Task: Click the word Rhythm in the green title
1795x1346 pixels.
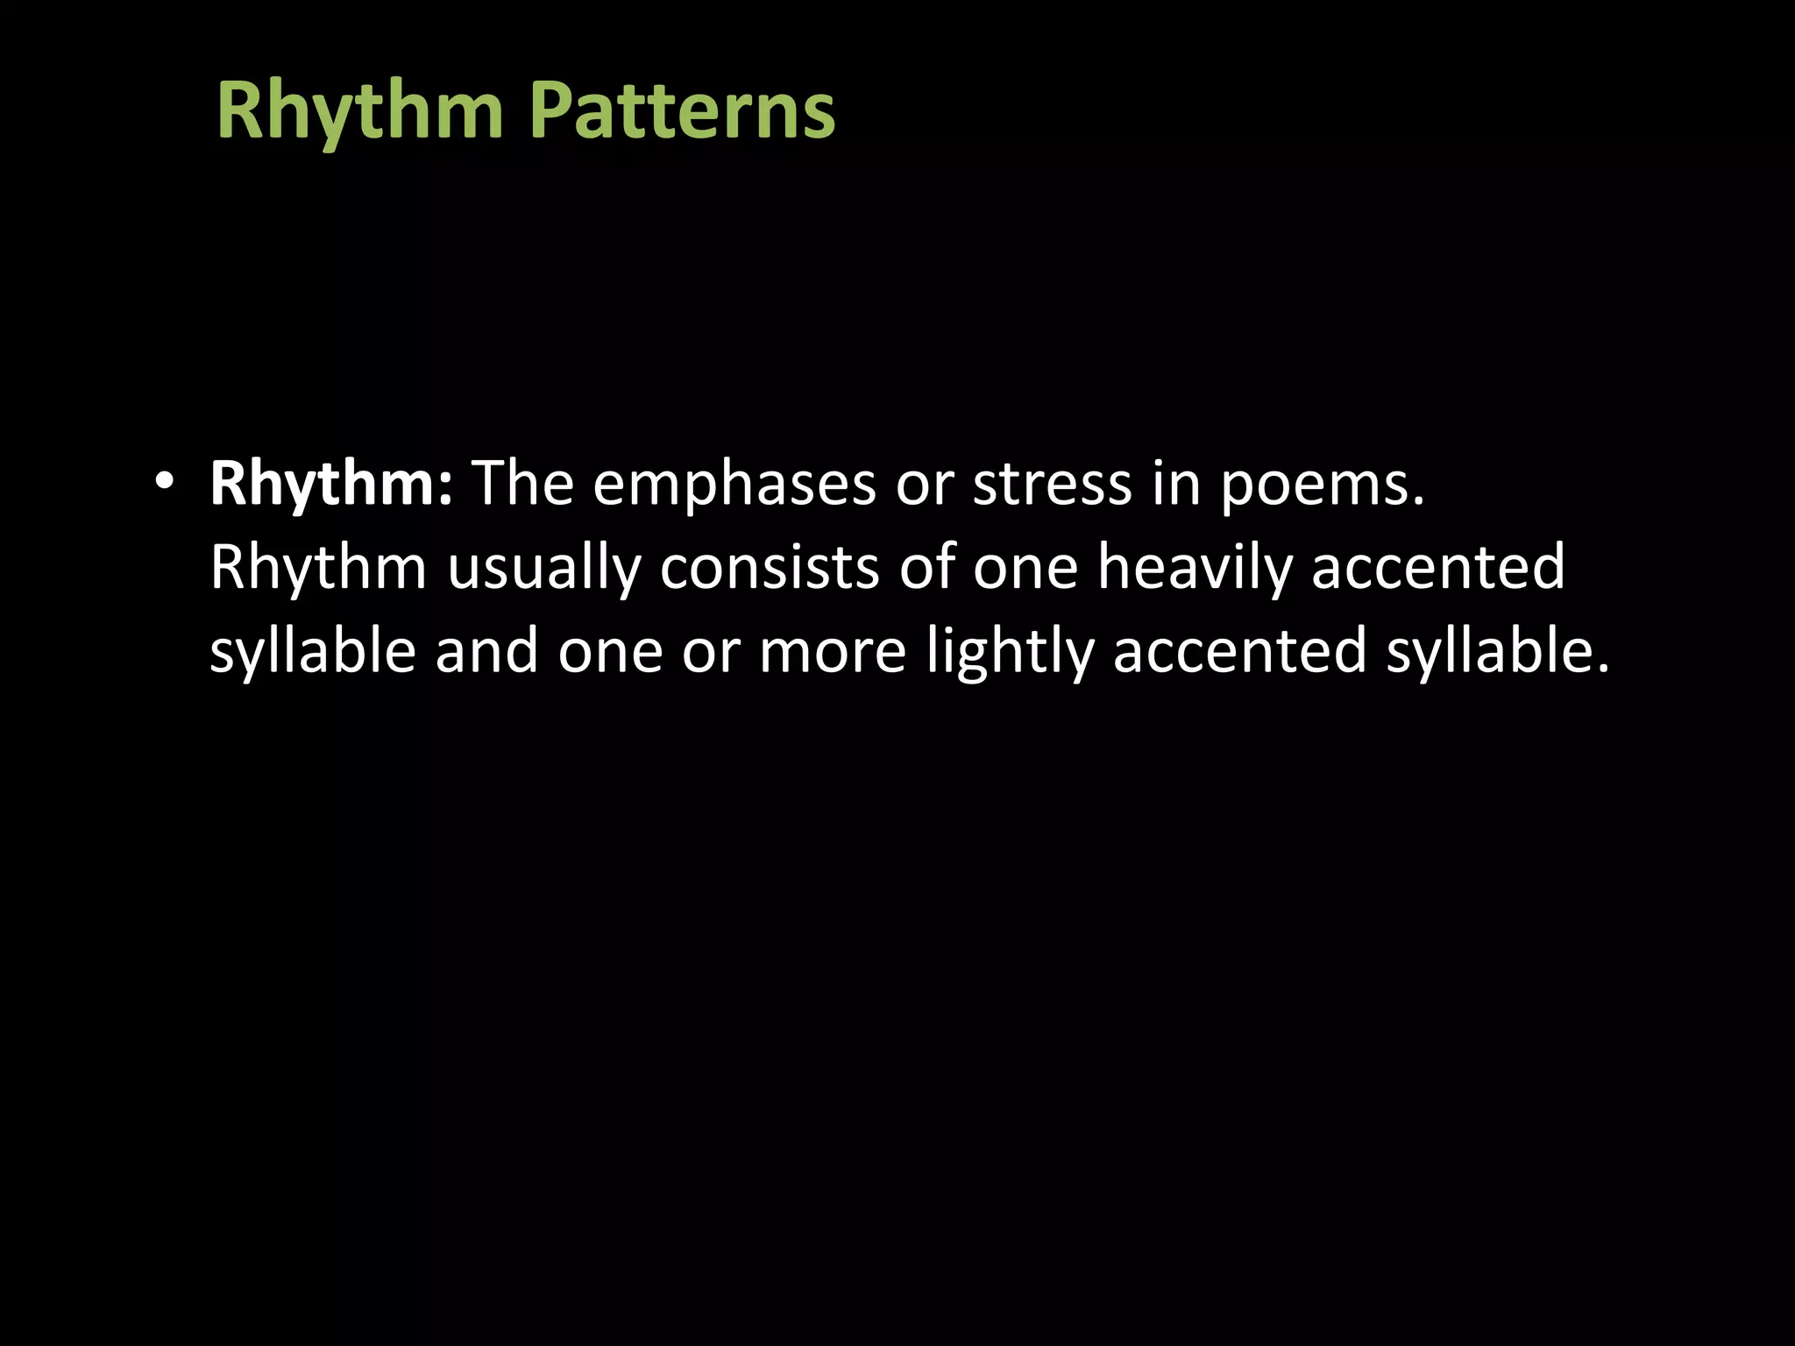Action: (359, 112)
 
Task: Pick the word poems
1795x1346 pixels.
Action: (1323, 485)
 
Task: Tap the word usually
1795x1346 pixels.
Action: (543, 568)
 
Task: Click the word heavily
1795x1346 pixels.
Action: (1195, 568)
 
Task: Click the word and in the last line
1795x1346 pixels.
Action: (486, 651)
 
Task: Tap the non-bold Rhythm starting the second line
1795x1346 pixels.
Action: (318, 568)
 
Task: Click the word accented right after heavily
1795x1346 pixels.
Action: (1437, 566)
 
